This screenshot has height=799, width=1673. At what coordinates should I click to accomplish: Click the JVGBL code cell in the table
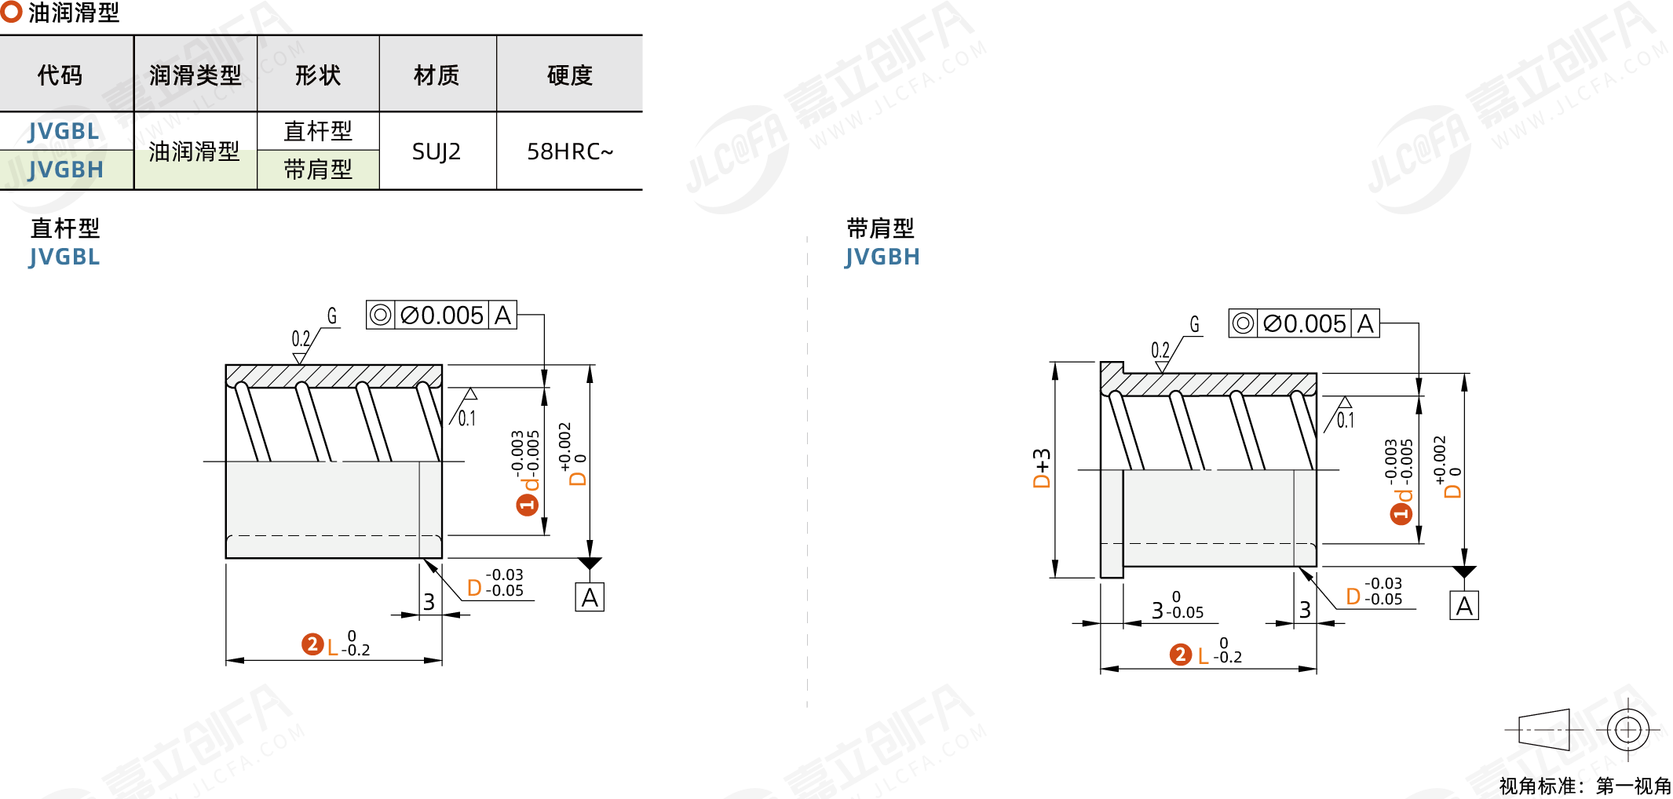[64, 131]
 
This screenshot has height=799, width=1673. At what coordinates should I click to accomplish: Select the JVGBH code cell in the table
[66, 170]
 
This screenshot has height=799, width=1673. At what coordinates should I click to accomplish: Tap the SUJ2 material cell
[437, 151]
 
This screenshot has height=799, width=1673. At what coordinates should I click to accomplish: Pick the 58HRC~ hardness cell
[570, 151]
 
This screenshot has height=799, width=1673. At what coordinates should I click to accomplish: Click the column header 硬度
[569, 75]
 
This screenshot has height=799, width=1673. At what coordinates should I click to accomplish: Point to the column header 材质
[437, 75]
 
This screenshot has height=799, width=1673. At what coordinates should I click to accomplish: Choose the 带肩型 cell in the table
[318, 170]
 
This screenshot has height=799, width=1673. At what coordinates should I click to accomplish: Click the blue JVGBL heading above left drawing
[64, 257]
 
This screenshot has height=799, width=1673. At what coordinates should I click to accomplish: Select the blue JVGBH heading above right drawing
[882, 257]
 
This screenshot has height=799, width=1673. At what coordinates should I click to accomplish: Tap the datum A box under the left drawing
[590, 598]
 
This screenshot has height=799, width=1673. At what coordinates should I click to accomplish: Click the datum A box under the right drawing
[1464, 606]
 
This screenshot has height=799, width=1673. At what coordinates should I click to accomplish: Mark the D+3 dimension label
[1042, 469]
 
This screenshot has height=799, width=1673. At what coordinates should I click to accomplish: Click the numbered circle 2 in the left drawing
[312, 644]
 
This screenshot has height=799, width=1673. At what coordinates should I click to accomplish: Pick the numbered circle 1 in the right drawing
[1401, 514]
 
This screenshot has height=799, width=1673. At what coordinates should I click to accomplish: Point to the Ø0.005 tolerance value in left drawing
[442, 316]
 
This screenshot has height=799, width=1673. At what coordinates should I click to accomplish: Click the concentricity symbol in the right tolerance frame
[1243, 323]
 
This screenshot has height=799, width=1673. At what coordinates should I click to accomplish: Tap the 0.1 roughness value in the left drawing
[467, 418]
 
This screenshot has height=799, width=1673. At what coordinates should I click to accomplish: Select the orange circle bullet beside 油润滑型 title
[11, 11]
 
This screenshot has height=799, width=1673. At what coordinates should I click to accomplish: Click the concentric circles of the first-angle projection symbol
[1628, 730]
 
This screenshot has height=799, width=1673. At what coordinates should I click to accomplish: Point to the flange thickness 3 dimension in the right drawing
[1158, 611]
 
